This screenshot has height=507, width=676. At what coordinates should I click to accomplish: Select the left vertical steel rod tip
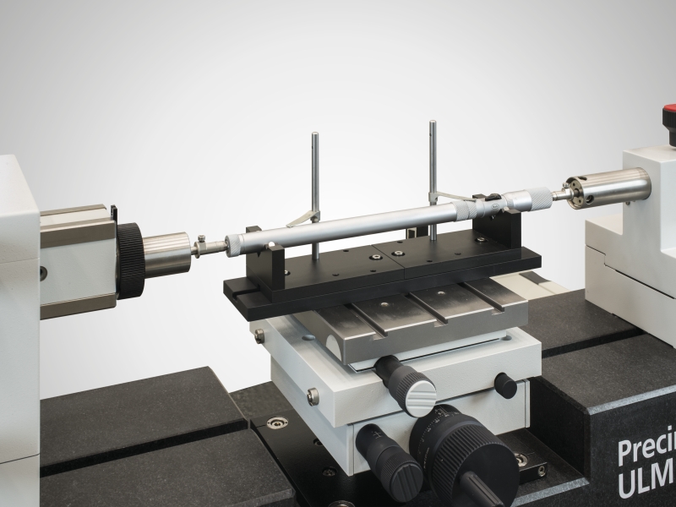(314, 135)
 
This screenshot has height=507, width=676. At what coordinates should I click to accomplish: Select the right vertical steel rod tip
(432, 125)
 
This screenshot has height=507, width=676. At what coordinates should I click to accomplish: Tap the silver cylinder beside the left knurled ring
(166, 254)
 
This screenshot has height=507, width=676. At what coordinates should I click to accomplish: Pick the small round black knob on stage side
(505, 385)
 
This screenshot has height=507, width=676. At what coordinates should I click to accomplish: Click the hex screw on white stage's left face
(313, 395)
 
